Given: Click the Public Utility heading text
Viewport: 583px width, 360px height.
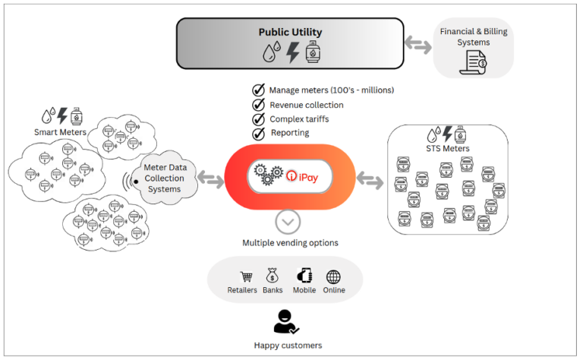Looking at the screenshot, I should click(x=290, y=32).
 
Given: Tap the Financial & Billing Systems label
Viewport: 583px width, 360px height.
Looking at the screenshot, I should click(x=474, y=37).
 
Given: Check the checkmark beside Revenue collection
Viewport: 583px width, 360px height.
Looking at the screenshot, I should click(x=258, y=105).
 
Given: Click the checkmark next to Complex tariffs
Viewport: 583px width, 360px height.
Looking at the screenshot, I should click(x=258, y=119).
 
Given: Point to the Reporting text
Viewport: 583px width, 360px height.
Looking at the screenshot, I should click(x=289, y=133).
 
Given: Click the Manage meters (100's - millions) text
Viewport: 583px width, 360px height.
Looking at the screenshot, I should click(x=331, y=90).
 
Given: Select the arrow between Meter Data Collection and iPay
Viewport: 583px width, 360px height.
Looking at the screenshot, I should click(x=210, y=181).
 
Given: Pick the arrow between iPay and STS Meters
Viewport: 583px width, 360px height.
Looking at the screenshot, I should click(x=370, y=181).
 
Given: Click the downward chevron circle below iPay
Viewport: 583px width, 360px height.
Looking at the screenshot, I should click(x=288, y=221).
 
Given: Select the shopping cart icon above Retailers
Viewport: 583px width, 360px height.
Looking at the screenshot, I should click(x=245, y=277).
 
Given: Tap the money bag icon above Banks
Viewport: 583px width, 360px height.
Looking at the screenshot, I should click(x=272, y=277).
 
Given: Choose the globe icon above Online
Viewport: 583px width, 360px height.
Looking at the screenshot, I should click(x=333, y=277).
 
